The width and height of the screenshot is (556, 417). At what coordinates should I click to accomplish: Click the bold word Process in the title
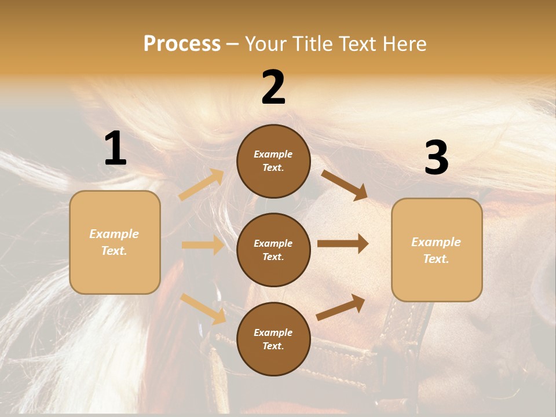pos(182,44)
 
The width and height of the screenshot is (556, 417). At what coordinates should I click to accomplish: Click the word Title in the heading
pos(309,44)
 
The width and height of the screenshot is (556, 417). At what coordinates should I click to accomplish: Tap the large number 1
pos(115,149)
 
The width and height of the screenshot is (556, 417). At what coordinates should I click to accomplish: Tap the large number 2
pos(273,88)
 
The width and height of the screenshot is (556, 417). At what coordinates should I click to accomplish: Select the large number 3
pos(436,158)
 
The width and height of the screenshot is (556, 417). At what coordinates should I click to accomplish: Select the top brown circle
pos(273,161)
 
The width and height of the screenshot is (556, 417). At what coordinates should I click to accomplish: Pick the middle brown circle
pos(273,250)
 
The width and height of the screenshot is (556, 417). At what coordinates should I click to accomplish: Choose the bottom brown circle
pos(273,339)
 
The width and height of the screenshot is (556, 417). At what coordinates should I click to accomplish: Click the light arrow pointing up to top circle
pos(202,185)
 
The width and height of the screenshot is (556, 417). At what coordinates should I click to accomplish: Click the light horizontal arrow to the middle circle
pos(203,245)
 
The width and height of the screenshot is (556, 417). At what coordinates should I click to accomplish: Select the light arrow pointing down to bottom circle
pos(203,308)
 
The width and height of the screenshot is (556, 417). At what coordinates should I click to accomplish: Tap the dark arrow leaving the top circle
pos(345,185)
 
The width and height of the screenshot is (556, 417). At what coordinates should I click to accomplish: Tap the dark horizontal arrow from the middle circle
pos(343,244)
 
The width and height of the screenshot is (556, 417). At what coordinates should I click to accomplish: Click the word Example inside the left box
pos(114,234)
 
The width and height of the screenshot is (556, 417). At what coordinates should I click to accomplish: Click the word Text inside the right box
pos(436,259)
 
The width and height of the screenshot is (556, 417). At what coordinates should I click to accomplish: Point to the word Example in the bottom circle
pos(273,332)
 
